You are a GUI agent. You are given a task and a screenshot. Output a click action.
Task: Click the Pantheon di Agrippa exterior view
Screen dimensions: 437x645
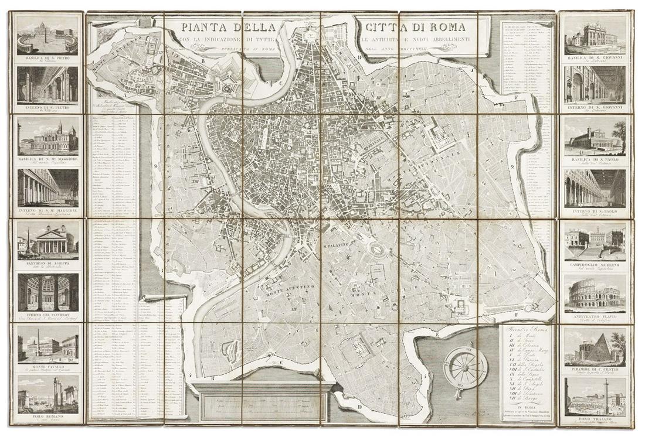47,240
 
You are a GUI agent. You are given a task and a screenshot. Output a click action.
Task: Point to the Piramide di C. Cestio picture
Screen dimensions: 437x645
595,347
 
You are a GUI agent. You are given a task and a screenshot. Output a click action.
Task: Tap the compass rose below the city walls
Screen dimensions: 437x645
466,368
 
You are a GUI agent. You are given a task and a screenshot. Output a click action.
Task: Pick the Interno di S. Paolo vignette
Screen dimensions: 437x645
595,189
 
